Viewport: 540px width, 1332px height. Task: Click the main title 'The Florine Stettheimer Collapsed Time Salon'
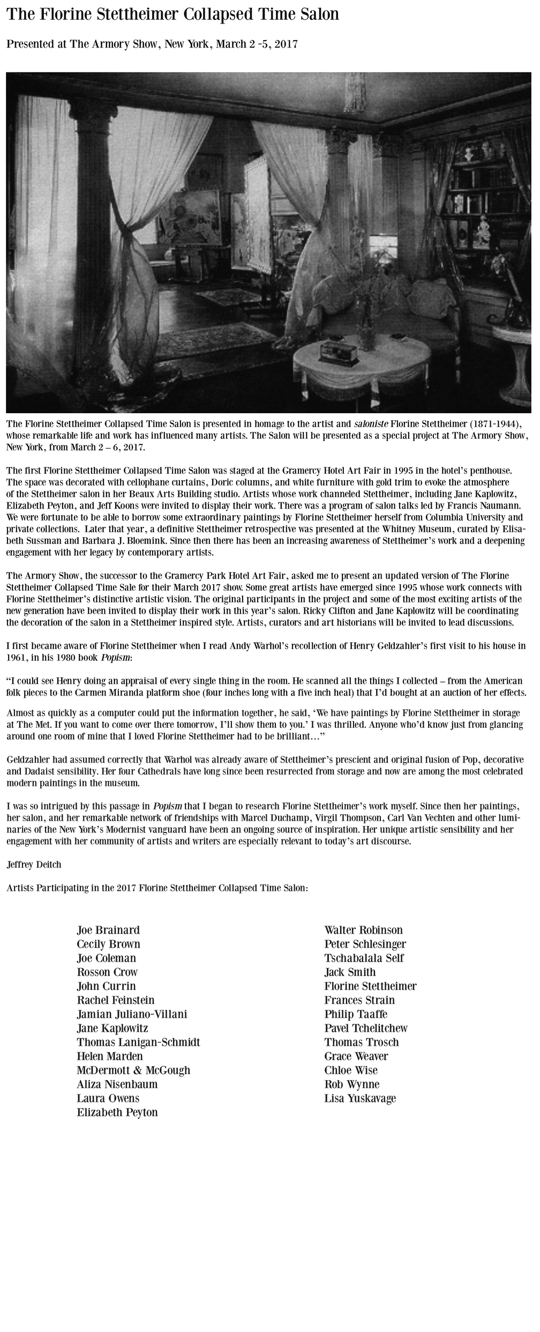pyautogui.click(x=172, y=14)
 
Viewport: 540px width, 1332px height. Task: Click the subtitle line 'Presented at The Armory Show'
pyautogui.click(x=152, y=44)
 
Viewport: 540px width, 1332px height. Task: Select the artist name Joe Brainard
pyautogui.click(x=108, y=929)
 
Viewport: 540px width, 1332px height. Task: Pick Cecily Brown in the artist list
pyautogui.click(x=108, y=943)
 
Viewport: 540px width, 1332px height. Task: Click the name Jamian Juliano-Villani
pyautogui.click(x=132, y=1013)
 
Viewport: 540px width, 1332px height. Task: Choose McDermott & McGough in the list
pyautogui.click(x=133, y=1069)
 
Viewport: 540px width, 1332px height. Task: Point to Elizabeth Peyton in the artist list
pyautogui.click(x=117, y=1112)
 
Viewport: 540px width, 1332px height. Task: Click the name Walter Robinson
pyautogui.click(x=363, y=929)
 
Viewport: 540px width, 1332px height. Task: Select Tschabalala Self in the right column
pyautogui.click(x=364, y=957)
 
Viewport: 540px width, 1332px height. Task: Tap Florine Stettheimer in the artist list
pyautogui.click(x=370, y=986)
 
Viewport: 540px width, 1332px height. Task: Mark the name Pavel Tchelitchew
pyautogui.click(x=365, y=1028)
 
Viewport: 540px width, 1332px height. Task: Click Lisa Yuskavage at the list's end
pyautogui.click(x=360, y=1098)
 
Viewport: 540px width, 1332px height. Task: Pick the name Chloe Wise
pyautogui.click(x=350, y=1070)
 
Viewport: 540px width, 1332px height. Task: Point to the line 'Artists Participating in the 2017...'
pyautogui.click(x=157, y=888)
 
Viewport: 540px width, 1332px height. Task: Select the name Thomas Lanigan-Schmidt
pyautogui.click(x=138, y=1041)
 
